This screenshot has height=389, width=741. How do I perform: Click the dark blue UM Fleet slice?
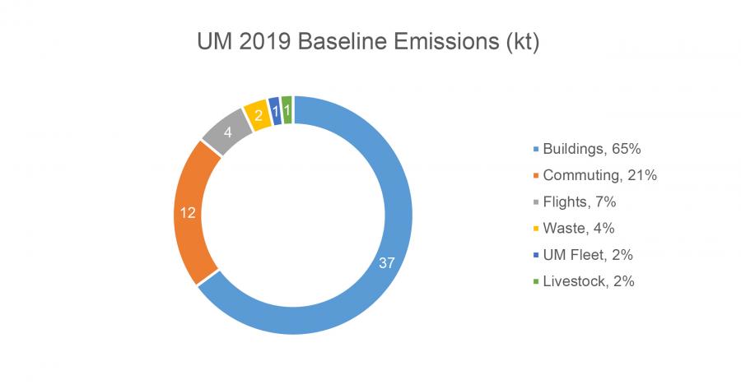273,110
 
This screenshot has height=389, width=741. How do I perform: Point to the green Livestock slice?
287,109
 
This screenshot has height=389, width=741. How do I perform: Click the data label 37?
386,263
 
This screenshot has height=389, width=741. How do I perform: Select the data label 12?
188,213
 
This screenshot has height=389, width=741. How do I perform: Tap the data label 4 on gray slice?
228,132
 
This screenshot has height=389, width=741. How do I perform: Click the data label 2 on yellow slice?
259,116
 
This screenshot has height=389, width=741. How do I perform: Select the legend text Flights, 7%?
580,201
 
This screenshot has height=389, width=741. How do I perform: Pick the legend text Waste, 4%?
578,228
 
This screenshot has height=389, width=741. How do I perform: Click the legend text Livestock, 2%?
588,280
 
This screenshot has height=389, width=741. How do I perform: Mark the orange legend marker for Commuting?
536,176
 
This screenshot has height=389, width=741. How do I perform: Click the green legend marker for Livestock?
536,281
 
